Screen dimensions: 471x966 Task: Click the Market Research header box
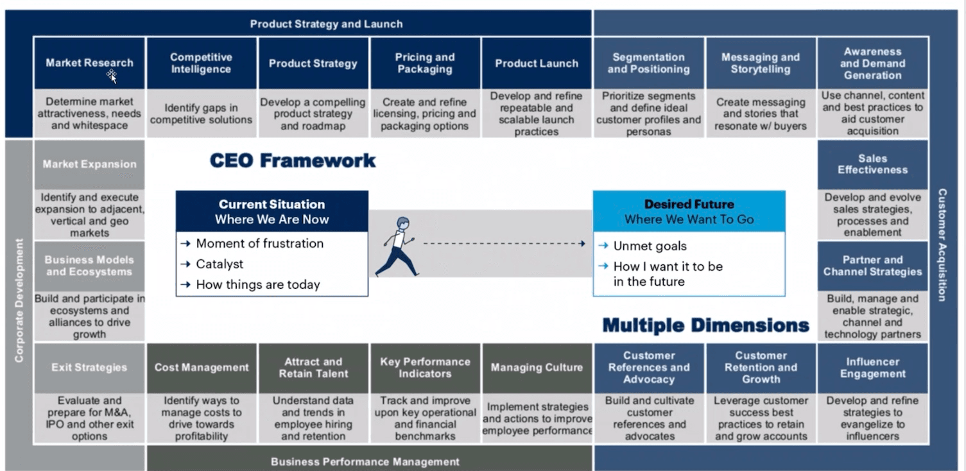tap(89, 63)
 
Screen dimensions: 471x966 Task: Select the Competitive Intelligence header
tap(201, 63)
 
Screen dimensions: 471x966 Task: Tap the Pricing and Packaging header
tap(424, 63)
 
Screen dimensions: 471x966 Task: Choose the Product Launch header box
tap(536, 63)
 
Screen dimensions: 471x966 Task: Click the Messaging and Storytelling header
tap(760, 63)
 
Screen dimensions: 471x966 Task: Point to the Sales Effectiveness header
tap(872, 164)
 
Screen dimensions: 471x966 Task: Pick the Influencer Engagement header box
tap(872, 368)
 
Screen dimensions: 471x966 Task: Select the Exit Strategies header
tap(89, 368)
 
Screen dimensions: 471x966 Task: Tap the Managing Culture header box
tap(536, 368)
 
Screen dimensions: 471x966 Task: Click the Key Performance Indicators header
tap(424, 368)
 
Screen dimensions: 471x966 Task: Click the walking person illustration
tap(396, 247)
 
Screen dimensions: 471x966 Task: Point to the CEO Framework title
tap(293, 160)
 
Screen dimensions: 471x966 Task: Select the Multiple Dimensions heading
tap(705, 325)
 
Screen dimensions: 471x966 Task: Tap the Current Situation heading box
tap(272, 211)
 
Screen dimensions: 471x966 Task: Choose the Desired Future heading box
tap(689, 211)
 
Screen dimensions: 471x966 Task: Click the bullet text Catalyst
tap(220, 264)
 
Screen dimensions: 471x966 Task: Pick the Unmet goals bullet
tap(650, 246)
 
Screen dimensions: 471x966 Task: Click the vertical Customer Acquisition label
tap(942, 244)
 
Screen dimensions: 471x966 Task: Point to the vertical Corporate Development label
tap(19, 300)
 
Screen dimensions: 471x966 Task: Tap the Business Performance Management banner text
tap(365, 461)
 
